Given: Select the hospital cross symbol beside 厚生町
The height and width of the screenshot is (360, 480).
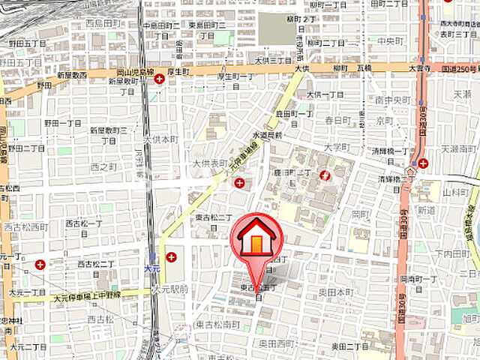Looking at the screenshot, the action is click(159, 77).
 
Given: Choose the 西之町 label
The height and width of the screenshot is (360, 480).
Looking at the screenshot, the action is click(104, 166).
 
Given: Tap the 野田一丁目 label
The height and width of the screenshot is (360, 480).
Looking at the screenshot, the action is click(63, 122).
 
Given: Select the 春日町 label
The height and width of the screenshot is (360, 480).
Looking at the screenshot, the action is click(337, 120).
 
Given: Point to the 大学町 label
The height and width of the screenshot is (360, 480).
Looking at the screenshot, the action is click(337, 147).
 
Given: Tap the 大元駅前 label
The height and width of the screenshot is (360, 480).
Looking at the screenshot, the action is click(169, 288).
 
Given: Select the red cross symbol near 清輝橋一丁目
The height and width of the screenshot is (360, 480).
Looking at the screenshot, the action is click(424, 163).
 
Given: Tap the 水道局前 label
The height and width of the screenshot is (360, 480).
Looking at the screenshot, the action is click(268, 135).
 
